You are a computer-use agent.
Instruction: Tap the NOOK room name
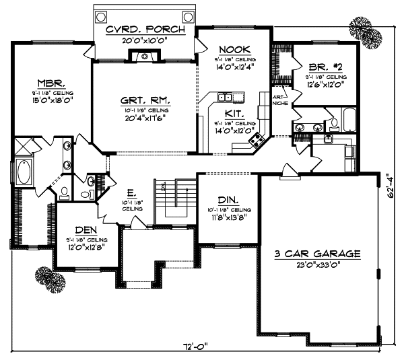(x=235, y=50)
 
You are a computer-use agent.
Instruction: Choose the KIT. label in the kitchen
(x=235, y=114)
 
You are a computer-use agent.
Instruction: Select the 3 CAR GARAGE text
(x=318, y=254)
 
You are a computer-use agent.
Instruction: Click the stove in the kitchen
(x=257, y=140)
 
